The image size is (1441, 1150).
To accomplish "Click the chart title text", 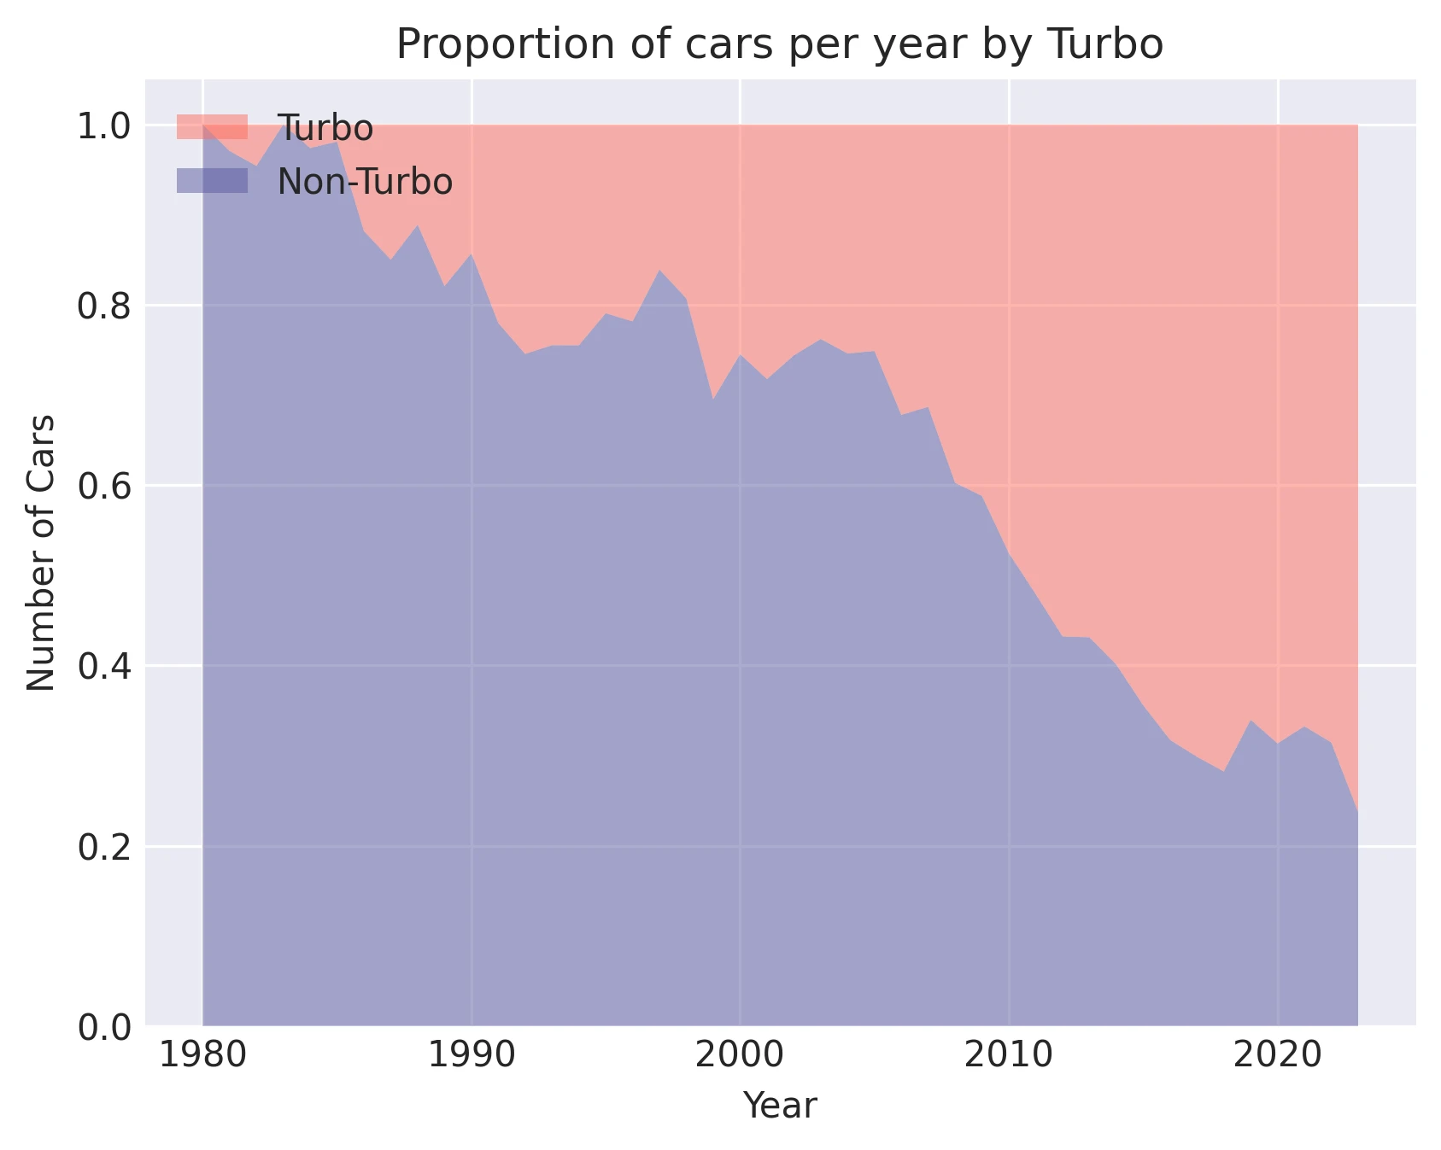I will [779, 45].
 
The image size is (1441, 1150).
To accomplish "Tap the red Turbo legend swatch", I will [212, 127].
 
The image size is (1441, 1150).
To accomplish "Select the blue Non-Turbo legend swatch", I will [212, 181].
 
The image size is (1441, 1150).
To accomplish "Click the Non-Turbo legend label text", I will [365, 182].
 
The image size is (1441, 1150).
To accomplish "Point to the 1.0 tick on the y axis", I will [103, 126].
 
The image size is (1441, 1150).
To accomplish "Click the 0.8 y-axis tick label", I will [103, 306].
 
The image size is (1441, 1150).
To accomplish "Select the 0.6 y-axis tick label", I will [103, 487].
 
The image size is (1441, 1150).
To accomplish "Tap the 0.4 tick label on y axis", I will [103, 667].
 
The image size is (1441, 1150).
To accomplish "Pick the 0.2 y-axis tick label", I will [103, 847].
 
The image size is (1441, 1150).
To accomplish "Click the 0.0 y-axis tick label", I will [103, 1027].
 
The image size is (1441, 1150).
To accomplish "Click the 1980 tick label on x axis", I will [202, 1056].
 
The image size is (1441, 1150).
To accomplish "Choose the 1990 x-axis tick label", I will [472, 1056].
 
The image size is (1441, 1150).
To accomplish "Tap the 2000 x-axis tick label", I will [740, 1056].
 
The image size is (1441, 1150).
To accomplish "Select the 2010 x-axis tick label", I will [1009, 1056].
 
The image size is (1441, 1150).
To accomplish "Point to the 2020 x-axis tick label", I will [1277, 1056].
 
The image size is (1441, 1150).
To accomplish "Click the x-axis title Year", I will [779, 1106].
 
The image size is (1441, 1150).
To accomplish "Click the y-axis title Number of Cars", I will [41, 553].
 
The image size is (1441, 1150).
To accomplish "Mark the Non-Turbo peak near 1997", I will [659, 271].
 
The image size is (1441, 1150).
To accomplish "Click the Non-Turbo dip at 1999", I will [712, 399].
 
